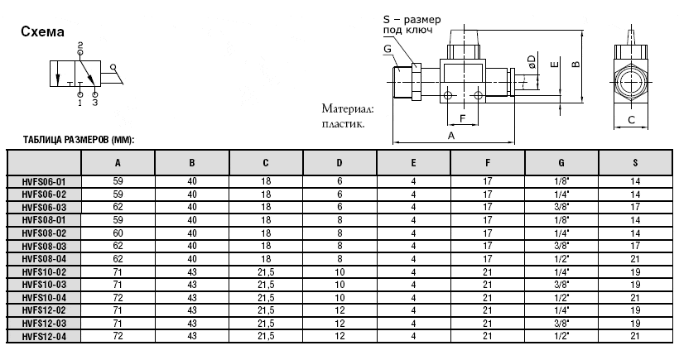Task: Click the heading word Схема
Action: click(42, 32)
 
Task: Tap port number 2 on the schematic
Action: click(80, 45)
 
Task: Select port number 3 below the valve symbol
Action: click(95, 103)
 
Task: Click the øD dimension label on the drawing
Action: click(532, 61)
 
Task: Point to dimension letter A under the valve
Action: click(451, 136)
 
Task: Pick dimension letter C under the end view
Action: click(631, 120)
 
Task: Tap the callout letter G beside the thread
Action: click(388, 49)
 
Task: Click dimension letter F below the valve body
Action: click(463, 118)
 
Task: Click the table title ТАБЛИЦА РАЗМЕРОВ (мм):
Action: click(79, 140)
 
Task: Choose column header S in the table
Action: click(635, 163)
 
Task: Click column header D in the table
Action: click(339, 163)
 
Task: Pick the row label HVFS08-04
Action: click(44, 259)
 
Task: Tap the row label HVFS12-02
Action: click(44, 310)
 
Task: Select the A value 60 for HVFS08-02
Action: click(118, 233)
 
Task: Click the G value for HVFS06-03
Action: click(561, 207)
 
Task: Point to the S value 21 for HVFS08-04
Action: click(635, 259)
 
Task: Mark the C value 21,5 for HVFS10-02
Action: click(266, 272)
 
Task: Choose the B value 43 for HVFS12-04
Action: click(192, 336)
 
